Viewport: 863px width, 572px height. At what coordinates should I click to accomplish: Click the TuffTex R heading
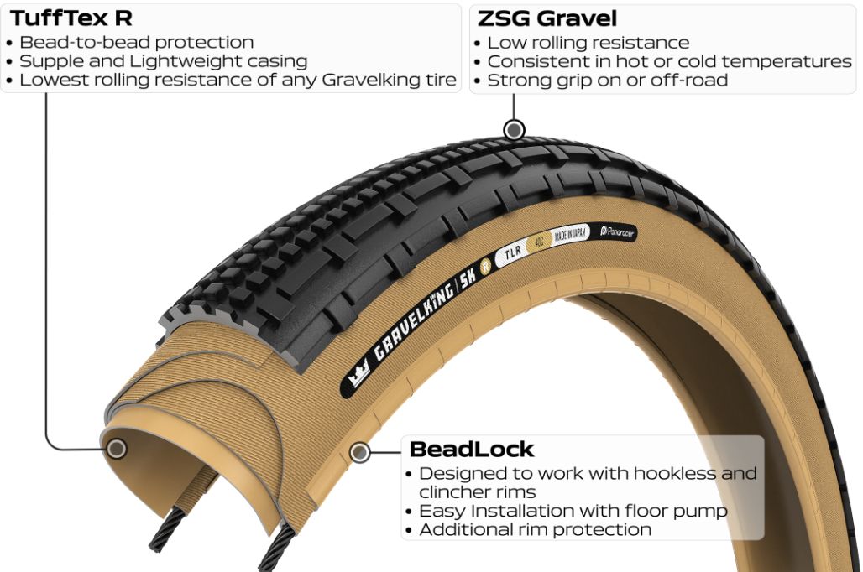pos(71,18)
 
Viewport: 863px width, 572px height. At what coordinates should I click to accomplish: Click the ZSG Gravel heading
pos(547,18)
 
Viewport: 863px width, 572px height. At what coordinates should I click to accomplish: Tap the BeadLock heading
pos(471,450)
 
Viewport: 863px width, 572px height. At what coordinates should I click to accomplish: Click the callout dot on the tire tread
pos(514,130)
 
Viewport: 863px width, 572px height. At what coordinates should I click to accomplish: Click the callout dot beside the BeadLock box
pos(360,453)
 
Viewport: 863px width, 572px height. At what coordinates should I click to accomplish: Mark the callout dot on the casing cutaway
pos(116,449)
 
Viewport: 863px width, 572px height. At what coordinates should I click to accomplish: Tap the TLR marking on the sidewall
pos(512,252)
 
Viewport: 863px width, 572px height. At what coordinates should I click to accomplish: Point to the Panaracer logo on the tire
pos(617,232)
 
